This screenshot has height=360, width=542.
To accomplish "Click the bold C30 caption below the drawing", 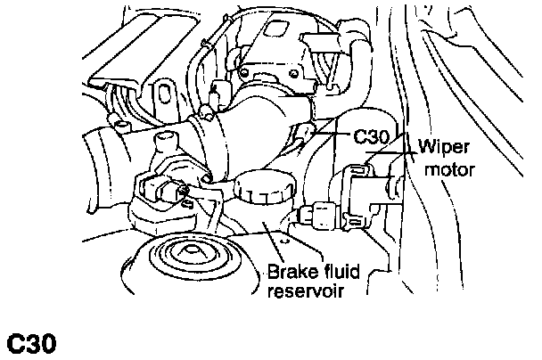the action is (32, 343).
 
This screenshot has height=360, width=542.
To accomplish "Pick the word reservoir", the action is (306, 290).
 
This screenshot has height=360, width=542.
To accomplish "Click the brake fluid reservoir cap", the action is (265, 188).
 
